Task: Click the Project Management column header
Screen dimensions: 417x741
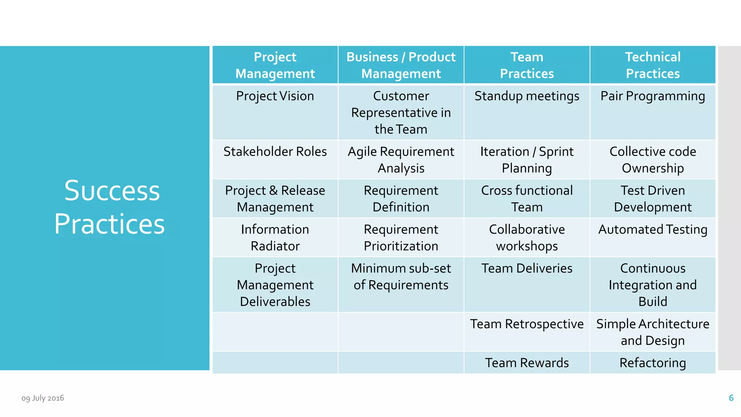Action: (x=275, y=65)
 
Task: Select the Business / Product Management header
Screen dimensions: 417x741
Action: (x=401, y=65)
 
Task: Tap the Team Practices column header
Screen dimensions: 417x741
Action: (x=527, y=65)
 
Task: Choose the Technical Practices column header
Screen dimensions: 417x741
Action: (x=653, y=65)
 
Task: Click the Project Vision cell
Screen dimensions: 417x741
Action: (x=275, y=96)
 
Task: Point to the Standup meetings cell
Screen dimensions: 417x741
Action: (x=527, y=96)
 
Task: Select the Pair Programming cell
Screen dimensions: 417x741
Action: (x=653, y=96)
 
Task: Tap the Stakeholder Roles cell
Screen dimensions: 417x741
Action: (x=275, y=152)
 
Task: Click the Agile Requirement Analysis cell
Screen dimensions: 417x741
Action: (x=401, y=160)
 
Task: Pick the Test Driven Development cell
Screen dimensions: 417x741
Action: (x=653, y=199)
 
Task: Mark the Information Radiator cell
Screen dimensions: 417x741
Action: (x=275, y=237)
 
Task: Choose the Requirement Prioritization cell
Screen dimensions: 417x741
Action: (x=401, y=237)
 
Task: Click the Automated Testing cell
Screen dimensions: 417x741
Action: (x=653, y=229)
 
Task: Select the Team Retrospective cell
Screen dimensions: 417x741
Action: (x=527, y=324)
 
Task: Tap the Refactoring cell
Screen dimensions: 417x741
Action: (x=653, y=363)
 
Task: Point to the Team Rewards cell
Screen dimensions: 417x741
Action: (x=527, y=363)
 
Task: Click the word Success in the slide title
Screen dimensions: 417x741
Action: (x=112, y=191)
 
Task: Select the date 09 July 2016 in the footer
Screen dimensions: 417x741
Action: (x=43, y=398)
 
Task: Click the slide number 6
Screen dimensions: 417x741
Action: (x=731, y=398)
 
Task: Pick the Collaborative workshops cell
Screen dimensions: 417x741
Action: (x=527, y=237)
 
